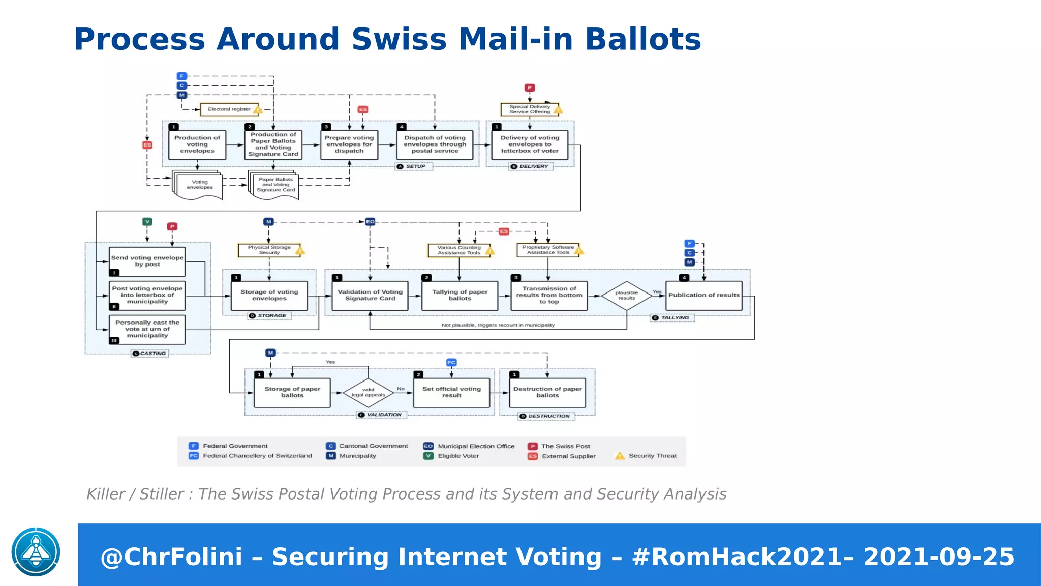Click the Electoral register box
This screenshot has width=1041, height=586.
[x=229, y=109]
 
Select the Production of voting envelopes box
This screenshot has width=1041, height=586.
[x=197, y=144]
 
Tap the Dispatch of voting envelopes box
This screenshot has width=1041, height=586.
[x=435, y=144]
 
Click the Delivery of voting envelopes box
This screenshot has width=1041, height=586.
[x=530, y=144]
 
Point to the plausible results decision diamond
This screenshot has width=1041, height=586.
[x=626, y=296]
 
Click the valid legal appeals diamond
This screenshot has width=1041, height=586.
[x=368, y=392]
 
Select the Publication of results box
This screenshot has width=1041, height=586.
[x=703, y=295]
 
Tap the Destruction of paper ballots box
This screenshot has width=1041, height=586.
[x=547, y=392]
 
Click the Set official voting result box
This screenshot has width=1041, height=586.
[x=451, y=392]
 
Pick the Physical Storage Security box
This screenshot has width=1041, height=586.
[x=269, y=250]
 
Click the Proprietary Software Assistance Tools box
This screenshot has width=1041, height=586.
[x=548, y=250]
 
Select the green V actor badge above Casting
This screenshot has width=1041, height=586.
[x=147, y=222]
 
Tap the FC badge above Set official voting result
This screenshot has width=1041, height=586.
[x=451, y=363]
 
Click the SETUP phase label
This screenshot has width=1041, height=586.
[x=414, y=166]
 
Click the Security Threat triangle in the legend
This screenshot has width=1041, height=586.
[x=620, y=456]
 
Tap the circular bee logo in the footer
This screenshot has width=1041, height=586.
[x=36, y=552]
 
